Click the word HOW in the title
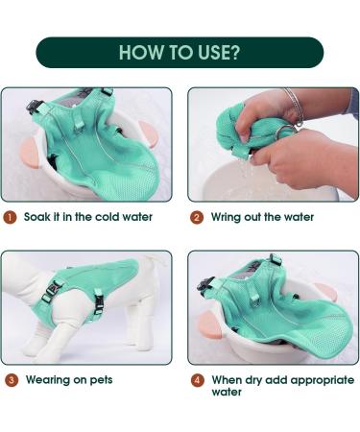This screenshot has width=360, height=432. [x=141, y=53]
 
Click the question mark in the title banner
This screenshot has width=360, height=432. [x=235, y=53]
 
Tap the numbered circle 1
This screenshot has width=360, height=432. [x=10, y=217]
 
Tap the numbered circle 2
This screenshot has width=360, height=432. [x=197, y=218]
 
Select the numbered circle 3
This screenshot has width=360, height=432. [x=12, y=380]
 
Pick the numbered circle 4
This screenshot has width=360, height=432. [x=198, y=380]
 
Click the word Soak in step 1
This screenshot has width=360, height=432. [x=37, y=217]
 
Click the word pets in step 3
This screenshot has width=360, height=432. [x=101, y=380]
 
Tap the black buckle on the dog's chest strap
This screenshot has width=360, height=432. [x=51, y=291]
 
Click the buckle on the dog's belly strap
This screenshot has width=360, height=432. [x=99, y=302]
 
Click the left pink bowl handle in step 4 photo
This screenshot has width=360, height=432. [x=209, y=324]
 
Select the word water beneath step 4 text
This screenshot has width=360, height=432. [x=227, y=393]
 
